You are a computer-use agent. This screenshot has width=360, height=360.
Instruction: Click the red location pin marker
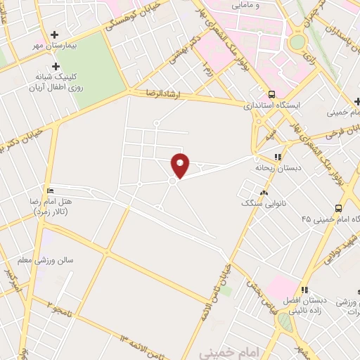click(181, 165)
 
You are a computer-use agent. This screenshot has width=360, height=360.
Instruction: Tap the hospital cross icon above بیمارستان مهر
click(56, 34)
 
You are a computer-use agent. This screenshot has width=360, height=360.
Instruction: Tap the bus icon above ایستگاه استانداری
click(271, 94)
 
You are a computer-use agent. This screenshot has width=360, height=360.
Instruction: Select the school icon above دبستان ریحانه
click(278, 157)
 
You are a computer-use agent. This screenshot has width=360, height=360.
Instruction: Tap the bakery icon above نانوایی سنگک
click(264, 193)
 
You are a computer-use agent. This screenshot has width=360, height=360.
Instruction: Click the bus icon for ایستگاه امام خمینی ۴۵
click(338, 207)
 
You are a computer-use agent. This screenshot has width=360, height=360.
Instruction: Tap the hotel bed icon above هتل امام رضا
click(49, 191)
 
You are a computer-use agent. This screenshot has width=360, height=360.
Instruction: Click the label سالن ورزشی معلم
click(56, 261)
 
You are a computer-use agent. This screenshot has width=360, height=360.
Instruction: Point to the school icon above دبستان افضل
click(304, 289)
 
